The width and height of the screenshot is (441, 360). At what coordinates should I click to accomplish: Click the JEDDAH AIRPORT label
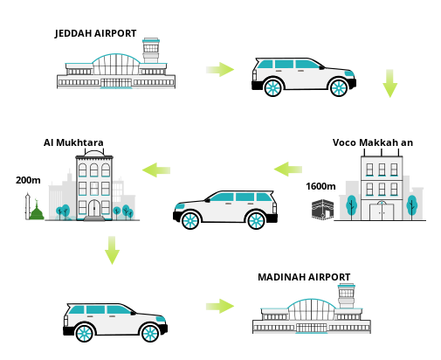[95, 33]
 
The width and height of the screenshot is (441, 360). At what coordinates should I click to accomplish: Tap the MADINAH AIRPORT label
[304, 277]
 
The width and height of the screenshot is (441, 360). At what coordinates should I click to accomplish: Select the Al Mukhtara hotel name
[73, 142]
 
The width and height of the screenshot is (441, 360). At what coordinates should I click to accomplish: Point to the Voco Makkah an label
[373, 142]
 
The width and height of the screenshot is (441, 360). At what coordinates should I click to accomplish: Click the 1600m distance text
[320, 186]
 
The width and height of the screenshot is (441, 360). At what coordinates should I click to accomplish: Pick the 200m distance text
[28, 180]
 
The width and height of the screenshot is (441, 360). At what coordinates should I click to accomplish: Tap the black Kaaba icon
[322, 209]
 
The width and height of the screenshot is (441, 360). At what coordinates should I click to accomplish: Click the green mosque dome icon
[37, 211]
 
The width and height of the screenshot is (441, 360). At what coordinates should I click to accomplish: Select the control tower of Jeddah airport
[151, 50]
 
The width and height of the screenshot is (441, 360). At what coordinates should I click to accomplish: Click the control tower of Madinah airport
[346, 295]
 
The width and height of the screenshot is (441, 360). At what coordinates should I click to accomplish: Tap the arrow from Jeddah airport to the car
[220, 70]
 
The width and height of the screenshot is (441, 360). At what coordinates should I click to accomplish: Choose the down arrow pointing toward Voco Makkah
[389, 83]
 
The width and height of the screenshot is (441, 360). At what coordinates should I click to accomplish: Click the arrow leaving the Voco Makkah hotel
[288, 170]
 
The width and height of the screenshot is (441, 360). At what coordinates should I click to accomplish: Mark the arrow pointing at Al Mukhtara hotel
[156, 170]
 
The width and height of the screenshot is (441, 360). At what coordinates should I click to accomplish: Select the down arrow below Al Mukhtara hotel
[112, 250]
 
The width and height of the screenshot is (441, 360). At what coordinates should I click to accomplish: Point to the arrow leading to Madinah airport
[220, 306]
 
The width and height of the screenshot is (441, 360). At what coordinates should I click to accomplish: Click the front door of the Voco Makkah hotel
[382, 211]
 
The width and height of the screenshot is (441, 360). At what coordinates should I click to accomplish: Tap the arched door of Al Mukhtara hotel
[94, 208]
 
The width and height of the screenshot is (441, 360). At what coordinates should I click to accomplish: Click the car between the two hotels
[225, 210]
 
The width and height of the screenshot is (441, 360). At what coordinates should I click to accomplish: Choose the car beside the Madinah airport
[115, 322]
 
